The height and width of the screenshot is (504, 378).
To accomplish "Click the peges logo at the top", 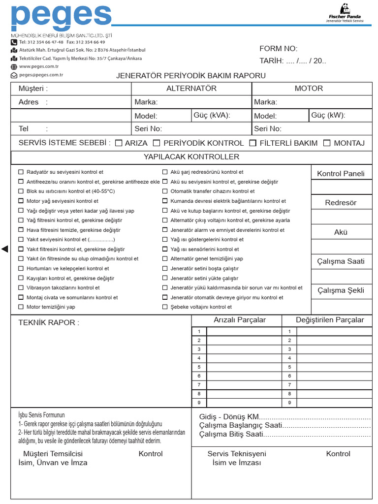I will pyautogui.click(x=61, y=18).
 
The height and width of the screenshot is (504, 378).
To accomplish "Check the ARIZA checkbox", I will pyautogui.click(x=119, y=143).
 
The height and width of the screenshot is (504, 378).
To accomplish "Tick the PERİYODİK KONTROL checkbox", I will pyautogui.click(x=157, y=143).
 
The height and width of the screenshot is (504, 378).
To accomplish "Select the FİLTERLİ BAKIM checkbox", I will pyautogui.click(x=253, y=143).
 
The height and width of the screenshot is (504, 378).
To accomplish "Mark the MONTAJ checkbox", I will pyautogui.click(x=327, y=143).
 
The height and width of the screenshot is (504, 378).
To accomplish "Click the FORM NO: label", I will pyautogui.click(x=279, y=48).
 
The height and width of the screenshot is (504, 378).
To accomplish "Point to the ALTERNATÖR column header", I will pyautogui.click(x=191, y=89).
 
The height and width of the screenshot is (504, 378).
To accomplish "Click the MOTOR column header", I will pyautogui.click(x=309, y=89).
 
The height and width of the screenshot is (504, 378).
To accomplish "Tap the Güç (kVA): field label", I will pyautogui.click(x=212, y=115).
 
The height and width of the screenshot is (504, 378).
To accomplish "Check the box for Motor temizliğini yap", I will pyautogui.click(x=21, y=307).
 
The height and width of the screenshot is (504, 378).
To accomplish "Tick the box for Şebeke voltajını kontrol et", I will pyautogui.click(x=165, y=307).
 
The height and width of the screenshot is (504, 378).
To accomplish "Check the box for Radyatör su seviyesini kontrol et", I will pyautogui.click(x=21, y=172).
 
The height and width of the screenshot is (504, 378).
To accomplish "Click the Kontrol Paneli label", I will pyautogui.click(x=341, y=174).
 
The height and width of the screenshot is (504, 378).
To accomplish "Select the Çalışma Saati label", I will pyautogui.click(x=341, y=261).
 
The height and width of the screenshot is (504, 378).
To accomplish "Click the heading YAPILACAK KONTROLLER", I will pyautogui.click(x=191, y=157).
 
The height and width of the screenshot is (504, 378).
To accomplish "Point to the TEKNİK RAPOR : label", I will pyautogui.click(x=49, y=323).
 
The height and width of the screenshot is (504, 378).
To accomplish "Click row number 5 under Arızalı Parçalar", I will pyautogui.click(x=199, y=367).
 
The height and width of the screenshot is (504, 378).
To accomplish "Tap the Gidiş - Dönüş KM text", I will pyautogui.click(x=229, y=417).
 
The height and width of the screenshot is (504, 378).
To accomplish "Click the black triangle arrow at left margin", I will pyautogui.click(x=5, y=249).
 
